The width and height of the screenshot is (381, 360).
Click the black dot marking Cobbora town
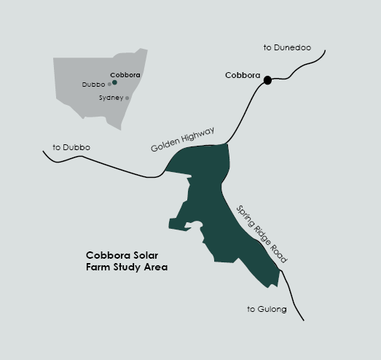tap(267, 80)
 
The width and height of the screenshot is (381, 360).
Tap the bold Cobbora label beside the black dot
tap(243, 75)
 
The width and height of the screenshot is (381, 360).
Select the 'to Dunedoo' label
tap(287, 47)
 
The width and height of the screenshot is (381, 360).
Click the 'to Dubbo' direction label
tap(71, 148)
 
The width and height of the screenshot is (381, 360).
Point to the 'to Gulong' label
tap(267, 310)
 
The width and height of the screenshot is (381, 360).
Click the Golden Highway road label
tap(183, 140)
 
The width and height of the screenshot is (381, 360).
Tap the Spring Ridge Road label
tap(262, 234)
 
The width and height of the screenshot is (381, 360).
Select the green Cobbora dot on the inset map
tap(114, 82)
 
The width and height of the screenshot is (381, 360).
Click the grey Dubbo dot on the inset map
tap(109, 85)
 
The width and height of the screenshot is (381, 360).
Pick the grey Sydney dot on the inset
tap(127, 98)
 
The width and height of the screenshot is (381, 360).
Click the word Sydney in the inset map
tap(111, 98)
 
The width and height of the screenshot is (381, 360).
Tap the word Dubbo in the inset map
tap(94, 85)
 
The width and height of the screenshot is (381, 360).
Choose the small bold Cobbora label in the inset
tap(125, 75)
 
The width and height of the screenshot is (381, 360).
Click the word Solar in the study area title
tap(141, 256)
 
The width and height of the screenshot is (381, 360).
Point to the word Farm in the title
tap(98, 267)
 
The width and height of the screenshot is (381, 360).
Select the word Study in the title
tap(127, 267)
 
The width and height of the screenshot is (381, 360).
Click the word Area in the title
tap(156, 267)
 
